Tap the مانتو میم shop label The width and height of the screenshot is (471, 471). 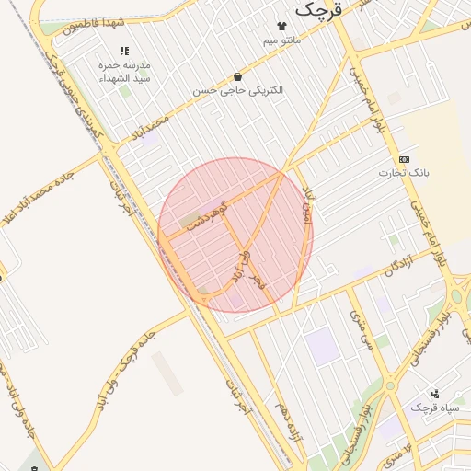(x=282, y=40)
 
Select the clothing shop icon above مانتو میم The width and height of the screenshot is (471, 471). (x=282, y=26)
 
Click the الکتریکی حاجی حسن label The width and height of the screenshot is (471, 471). (x=238, y=90)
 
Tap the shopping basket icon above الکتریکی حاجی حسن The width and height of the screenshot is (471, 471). (x=238, y=76)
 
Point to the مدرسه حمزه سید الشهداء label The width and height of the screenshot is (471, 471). (x=124, y=73)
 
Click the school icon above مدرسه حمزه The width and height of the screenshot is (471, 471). (x=124, y=52)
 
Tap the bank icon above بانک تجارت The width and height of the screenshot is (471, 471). (x=405, y=159)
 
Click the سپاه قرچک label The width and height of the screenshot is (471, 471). (x=434, y=407)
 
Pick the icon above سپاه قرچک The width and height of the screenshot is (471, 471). (x=434, y=393)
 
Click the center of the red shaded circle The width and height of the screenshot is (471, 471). (x=235, y=235)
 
